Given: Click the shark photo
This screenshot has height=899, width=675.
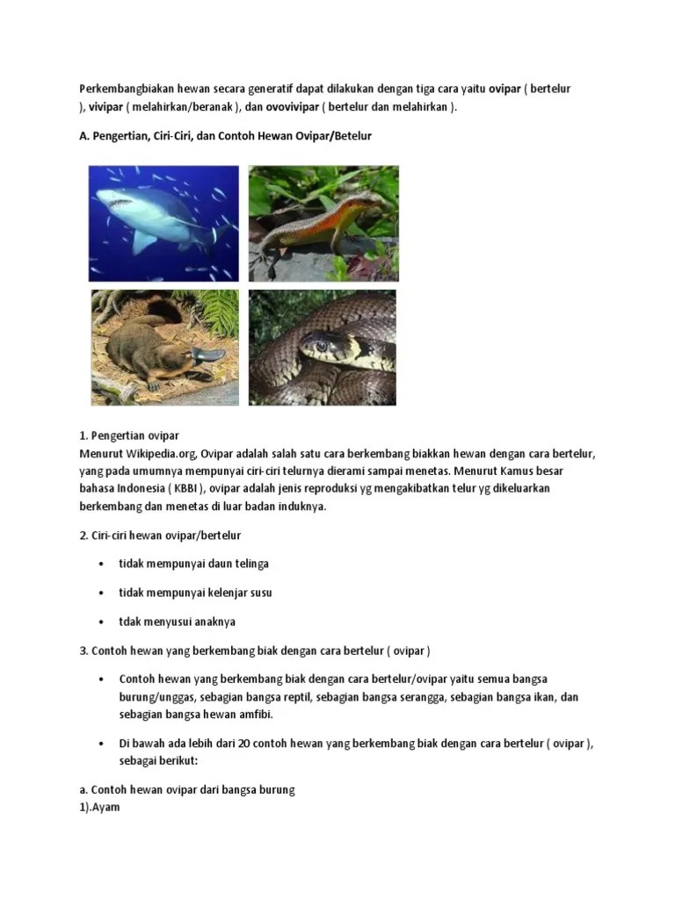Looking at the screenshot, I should coord(163,223).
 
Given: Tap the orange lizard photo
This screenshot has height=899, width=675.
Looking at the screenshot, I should coord(323,223).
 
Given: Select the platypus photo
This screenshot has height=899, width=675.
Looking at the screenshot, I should coord(163,348).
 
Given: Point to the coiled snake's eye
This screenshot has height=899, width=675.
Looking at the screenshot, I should coord(322,345).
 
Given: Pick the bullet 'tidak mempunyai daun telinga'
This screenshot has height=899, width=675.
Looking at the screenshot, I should coord(193,564).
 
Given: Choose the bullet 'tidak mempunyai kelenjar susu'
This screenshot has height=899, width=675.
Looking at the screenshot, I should coord(195,593).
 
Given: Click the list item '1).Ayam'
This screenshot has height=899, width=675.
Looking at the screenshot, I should coord(99,807).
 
